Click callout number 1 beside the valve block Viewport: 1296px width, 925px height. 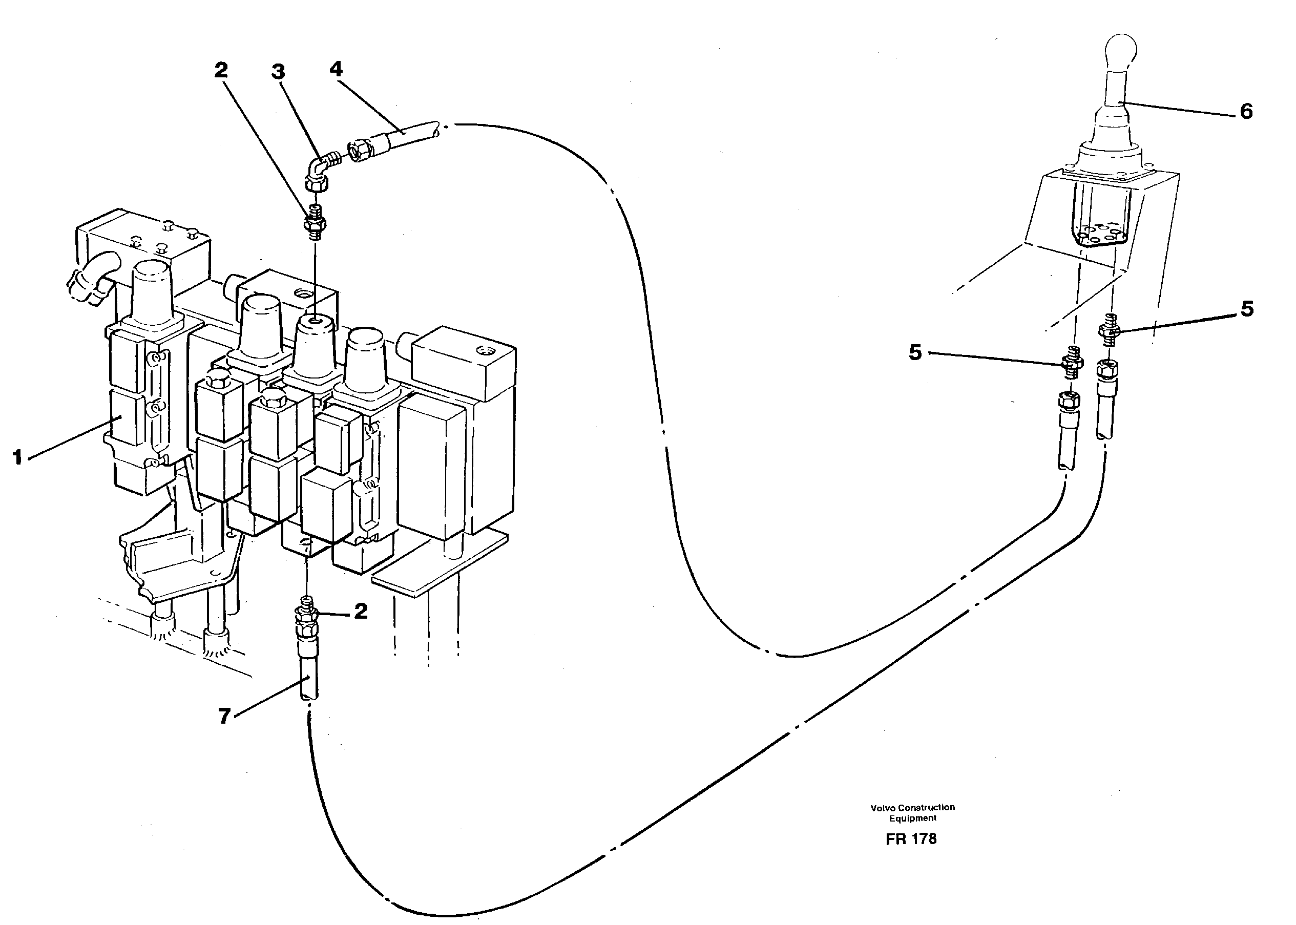(17, 457)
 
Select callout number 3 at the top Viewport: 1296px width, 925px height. (278, 72)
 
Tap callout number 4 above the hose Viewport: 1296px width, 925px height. (336, 70)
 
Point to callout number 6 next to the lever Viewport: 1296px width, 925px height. (1246, 112)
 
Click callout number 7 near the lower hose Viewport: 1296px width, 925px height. (224, 716)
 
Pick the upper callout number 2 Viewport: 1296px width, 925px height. (221, 71)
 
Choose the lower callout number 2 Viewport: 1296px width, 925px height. (361, 612)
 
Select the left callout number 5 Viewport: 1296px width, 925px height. (915, 352)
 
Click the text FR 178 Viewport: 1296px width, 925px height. (911, 839)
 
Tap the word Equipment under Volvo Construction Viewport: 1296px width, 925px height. (913, 818)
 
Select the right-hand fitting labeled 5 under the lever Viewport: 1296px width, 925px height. (1109, 330)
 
